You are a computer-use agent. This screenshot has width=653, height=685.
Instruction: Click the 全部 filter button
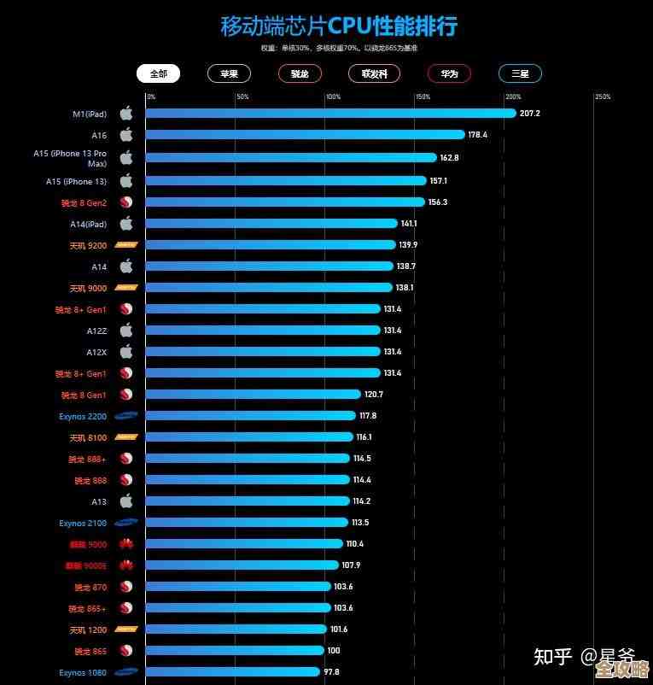(x=158, y=73)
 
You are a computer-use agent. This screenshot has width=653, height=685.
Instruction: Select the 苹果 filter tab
(x=229, y=73)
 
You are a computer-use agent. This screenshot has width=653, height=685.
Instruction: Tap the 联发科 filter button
(x=375, y=73)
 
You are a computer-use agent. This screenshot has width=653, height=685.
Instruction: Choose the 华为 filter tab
(x=449, y=73)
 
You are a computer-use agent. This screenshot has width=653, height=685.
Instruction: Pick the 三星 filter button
(x=520, y=73)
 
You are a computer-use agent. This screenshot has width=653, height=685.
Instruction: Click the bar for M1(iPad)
(x=330, y=113)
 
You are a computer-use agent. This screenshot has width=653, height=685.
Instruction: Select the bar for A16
(x=305, y=134)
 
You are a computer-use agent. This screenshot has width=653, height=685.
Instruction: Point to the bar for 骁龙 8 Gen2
(x=285, y=202)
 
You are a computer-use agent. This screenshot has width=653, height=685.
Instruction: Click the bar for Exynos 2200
(x=250, y=416)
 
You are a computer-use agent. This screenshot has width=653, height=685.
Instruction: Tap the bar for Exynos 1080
(x=232, y=672)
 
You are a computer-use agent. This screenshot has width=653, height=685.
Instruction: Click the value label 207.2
(x=530, y=113)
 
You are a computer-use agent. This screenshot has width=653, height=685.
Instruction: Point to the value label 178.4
(x=478, y=134)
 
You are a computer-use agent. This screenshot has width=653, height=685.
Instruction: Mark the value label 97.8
(x=331, y=672)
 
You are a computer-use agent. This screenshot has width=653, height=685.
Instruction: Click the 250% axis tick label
(x=603, y=97)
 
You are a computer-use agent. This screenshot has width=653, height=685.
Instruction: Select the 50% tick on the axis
(x=242, y=97)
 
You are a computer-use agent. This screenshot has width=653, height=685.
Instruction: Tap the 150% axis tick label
(x=423, y=97)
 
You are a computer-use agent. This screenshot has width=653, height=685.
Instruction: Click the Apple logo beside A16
(x=126, y=134)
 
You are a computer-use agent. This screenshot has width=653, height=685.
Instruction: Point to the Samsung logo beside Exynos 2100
(x=126, y=523)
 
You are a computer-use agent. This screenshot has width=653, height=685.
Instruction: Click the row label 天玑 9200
(x=88, y=245)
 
